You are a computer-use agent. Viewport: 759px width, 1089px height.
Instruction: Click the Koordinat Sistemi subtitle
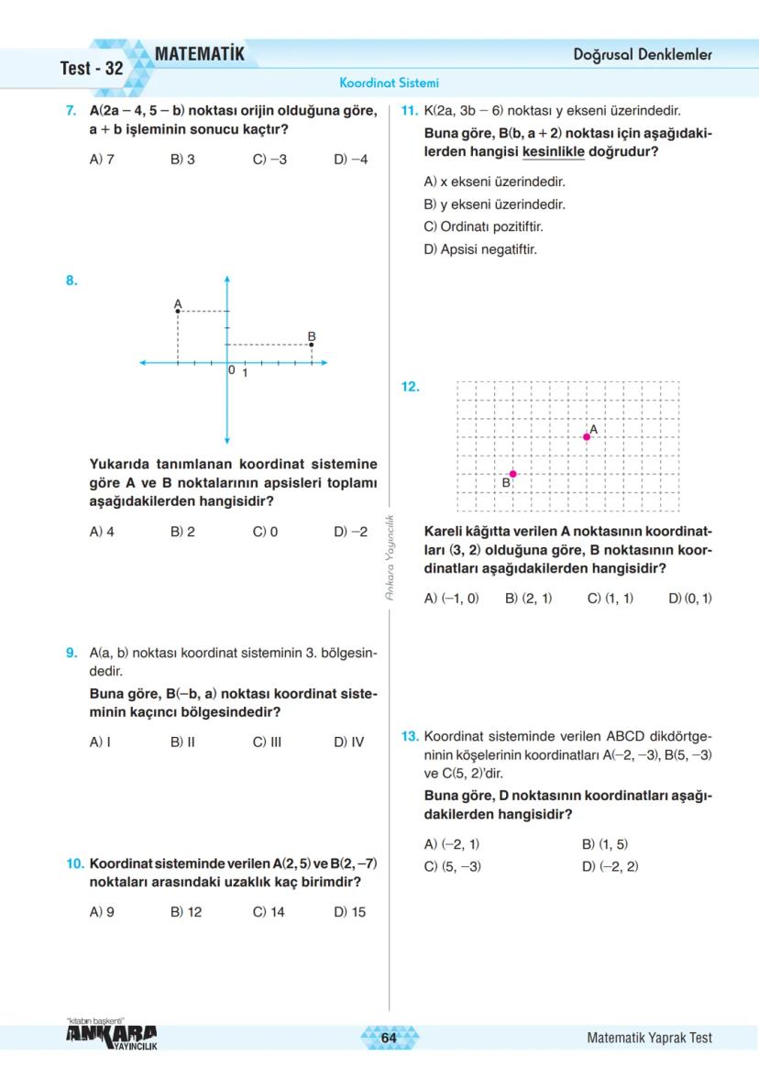tap(389, 82)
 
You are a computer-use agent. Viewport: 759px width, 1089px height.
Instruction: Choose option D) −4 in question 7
tap(351, 159)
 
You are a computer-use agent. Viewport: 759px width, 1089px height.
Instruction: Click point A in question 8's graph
tap(177, 312)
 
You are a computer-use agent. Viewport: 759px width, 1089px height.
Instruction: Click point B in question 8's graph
tap(312, 345)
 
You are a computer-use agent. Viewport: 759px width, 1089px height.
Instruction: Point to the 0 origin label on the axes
tap(233, 370)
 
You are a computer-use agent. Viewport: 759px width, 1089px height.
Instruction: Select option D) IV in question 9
tap(348, 742)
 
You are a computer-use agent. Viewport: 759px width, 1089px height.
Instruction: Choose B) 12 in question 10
tap(186, 912)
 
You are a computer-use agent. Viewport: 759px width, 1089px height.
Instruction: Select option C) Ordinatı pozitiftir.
tap(477, 226)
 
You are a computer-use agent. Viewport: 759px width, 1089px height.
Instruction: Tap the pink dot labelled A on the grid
tap(587, 437)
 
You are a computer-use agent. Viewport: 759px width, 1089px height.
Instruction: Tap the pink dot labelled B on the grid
tap(513, 474)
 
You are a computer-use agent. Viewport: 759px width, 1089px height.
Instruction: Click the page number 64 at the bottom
tap(389, 1038)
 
